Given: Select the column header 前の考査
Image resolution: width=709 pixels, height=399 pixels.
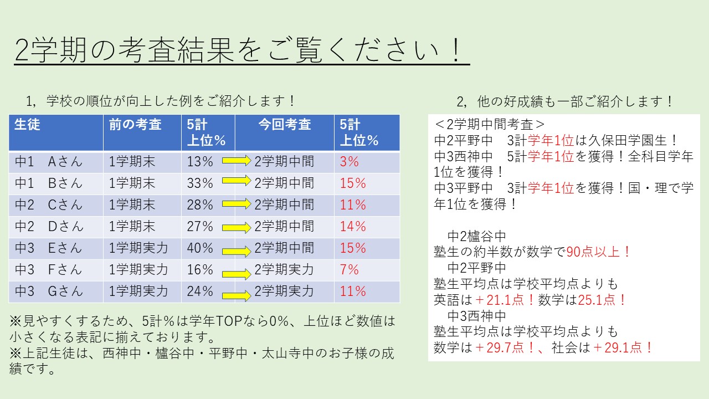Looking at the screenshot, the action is [135, 125].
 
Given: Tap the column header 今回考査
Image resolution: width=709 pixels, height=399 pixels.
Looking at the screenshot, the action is [285, 125].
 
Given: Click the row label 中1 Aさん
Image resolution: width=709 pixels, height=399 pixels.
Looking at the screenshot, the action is [48, 162].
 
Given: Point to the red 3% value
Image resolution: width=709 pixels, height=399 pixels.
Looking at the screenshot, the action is [349, 162].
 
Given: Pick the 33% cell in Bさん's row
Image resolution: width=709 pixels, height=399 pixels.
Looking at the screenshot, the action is [200, 183].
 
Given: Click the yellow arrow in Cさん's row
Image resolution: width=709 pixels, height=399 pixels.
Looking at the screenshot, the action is [237, 203].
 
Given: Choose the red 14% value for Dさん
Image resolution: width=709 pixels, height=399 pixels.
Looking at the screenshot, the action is [353, 227].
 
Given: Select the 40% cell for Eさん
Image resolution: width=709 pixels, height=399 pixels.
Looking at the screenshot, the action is [200, 248].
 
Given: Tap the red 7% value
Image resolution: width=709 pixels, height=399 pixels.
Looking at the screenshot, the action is [349, 269].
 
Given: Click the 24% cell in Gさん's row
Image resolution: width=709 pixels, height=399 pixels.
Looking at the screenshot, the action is [200, 291].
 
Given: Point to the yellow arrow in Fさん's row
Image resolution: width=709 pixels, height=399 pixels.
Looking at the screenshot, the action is [237, 274].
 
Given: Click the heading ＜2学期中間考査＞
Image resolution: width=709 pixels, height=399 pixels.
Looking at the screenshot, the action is [489, 125].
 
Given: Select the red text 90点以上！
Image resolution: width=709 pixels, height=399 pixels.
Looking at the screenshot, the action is [598, 252].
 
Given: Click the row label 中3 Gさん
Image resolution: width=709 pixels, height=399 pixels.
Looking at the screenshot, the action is [48, 291].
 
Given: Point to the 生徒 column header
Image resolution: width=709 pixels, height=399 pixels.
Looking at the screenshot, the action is [27, 125].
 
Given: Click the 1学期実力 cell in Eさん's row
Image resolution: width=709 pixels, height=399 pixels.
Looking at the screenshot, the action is [138, 248].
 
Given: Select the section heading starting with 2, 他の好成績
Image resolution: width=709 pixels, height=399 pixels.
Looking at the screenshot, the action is [564, 101].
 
